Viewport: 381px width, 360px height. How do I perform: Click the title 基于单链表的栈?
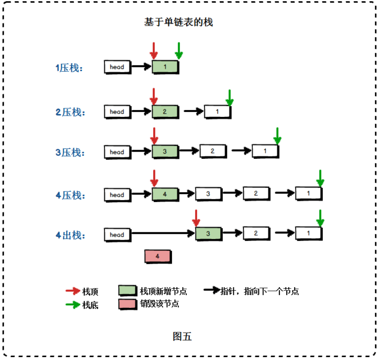[179, 22]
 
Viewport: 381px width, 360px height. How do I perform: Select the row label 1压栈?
[69, 68]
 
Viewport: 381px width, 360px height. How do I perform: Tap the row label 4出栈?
[70, 236]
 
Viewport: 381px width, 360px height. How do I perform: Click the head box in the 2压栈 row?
[117, 112]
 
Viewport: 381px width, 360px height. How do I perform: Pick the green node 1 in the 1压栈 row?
[165, 67]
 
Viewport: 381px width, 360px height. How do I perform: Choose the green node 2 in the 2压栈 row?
[165, 112]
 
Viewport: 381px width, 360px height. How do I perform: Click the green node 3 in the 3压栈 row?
[165, 152]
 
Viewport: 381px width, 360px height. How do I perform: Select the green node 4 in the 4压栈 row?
[165, 194]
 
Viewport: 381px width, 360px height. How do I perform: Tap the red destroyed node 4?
[157, 256]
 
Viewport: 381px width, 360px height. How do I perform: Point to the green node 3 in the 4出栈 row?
[208, 234]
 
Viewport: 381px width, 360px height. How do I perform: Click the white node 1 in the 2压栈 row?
[217, 111]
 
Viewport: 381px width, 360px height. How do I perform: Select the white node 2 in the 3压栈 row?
[212, 151]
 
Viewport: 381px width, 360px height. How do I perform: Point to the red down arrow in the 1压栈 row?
[154, 50]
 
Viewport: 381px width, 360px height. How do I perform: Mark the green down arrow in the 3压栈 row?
[277, 136]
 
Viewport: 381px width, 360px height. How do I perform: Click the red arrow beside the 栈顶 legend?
[73, 291]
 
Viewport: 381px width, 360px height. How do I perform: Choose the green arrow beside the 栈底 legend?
[73, 305]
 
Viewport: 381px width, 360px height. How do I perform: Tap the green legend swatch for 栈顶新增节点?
[127, 291]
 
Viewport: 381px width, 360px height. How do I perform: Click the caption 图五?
[182, 336]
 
